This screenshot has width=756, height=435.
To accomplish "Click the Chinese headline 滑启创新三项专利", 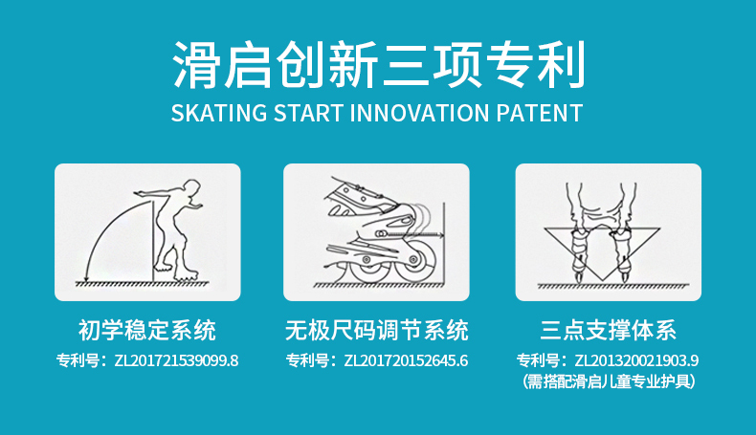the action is click(x=379, y=65).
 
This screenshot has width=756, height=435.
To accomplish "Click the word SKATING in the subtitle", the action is click(x=219, y=113).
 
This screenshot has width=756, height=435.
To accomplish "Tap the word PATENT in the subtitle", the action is click(x=540, y=113).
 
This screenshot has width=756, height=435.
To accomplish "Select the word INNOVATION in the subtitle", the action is click(x=420, y=113).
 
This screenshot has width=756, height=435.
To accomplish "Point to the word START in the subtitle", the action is click(x=308, y=113).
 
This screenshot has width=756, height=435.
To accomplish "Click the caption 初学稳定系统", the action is click(x=147, y=331).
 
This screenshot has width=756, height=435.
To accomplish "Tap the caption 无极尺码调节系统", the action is click(x=376, y=331).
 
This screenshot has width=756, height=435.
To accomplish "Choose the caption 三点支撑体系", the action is click(x=608, y=331).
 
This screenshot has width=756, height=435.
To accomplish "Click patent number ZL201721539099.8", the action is click(x=176, y=360).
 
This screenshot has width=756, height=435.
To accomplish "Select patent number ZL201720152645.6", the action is click(x=406, y=360).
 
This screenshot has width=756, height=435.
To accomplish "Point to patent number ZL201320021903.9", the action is click(x=636, y=360).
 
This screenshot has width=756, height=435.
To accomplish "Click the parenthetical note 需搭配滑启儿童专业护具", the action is click(x=609, y=381).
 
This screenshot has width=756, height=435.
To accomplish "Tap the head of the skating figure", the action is click(x=192, y=188).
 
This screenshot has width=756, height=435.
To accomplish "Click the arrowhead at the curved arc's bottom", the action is click(x=86, y=277).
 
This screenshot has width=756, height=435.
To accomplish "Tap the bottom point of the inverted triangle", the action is click(x=602, y=282).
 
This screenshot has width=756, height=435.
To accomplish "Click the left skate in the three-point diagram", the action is click(x=579, y=253).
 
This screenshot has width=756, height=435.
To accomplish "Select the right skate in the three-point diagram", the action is click(x=622, y=253).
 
